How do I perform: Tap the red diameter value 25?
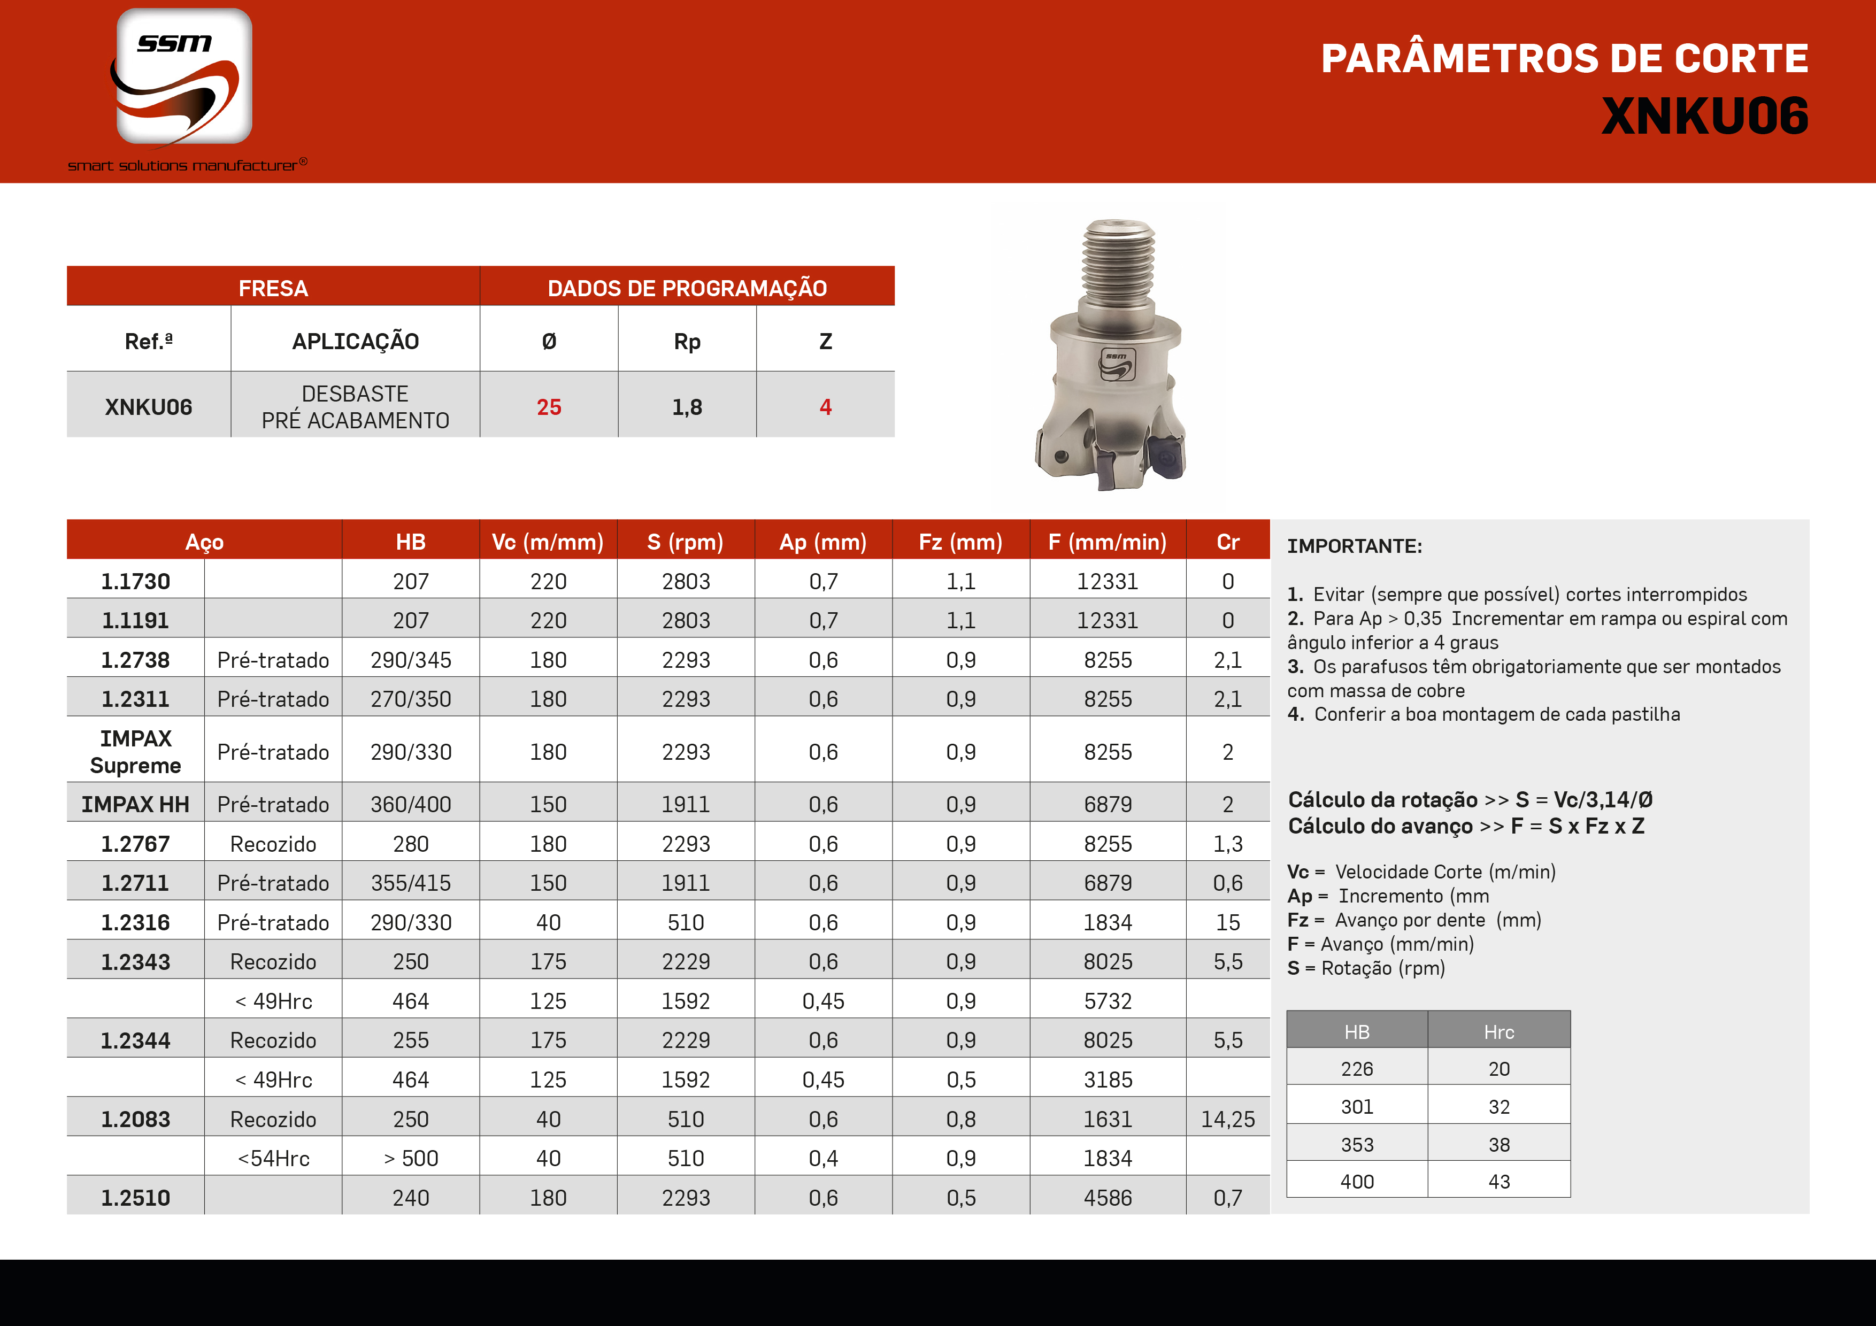click(549, 407)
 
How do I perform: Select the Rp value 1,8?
click(687, 407)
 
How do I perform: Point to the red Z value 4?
click(825, 407)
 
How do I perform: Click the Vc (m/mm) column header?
click(548, 542)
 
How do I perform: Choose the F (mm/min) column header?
click(1107, 542)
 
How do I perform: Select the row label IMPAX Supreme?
click(136, 752)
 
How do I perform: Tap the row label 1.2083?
click(136, 1119)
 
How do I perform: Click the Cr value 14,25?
click(1227, 1119)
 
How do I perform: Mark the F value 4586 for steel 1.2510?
click(1107, 1198)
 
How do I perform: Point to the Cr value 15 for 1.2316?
click(1227, 922)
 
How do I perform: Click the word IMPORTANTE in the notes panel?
click(1354, 546)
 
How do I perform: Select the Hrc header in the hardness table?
click(1498, 1032)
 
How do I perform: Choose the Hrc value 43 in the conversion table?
click(1498, 1182)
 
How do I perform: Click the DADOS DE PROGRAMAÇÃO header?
click(687, 288)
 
